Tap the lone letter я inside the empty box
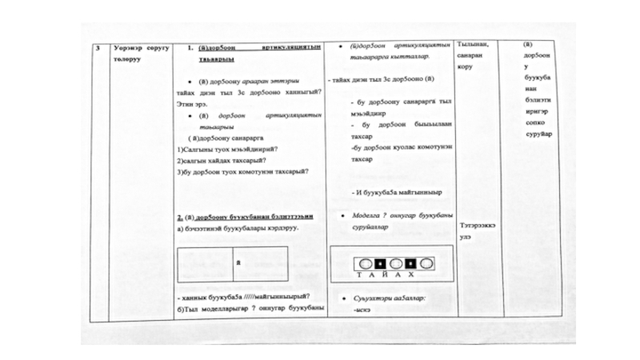[238, 262]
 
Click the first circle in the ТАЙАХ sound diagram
[365, 262]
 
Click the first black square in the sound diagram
[379, 262]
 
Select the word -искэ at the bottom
[362, 308]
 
